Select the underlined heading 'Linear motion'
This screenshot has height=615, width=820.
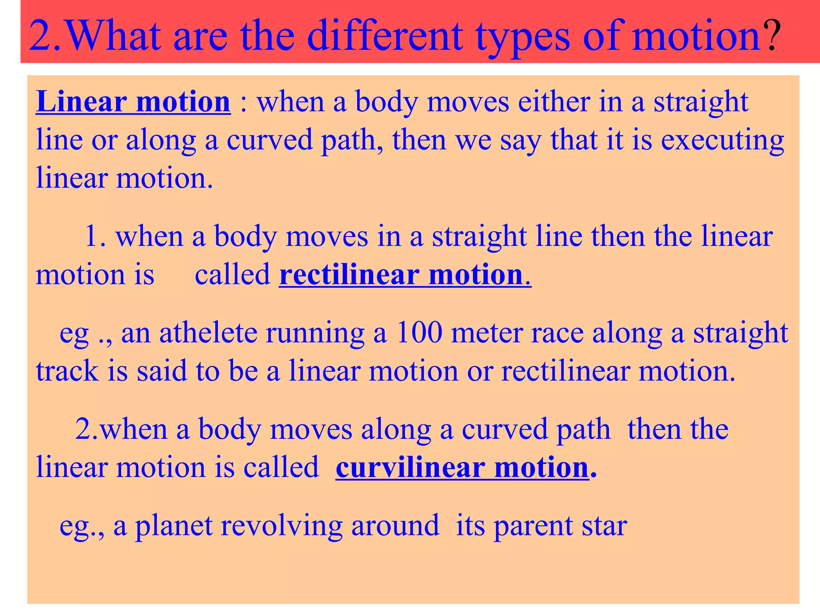(x=133, y=102)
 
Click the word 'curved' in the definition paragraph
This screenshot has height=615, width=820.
(x=269, y=140)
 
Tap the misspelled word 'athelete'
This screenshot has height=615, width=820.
(x=208, y=333)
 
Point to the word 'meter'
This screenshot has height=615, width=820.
(x=486, y=333)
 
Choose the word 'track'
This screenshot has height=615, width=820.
(x=67, y=371)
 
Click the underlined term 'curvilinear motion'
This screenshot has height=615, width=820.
(x=462, y=467)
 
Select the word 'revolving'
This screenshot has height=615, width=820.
(x=281, y=526)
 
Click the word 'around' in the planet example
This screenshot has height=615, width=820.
(x=395, y=525)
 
